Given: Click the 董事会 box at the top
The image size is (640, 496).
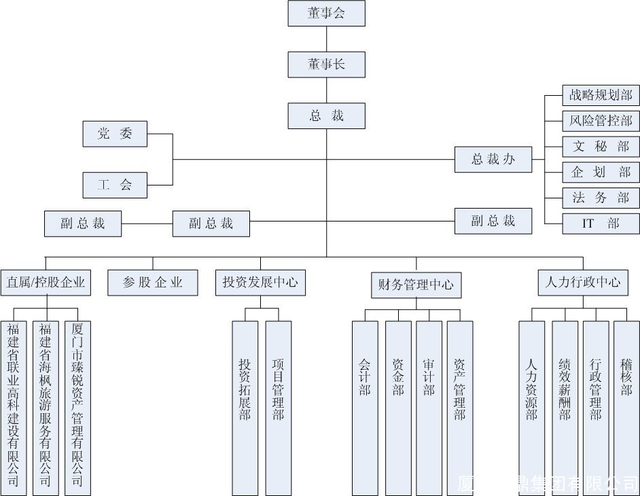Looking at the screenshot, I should point(326,13).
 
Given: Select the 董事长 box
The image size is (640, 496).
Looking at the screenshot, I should point(326,64).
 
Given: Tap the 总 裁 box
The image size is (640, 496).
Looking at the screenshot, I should point(326,116).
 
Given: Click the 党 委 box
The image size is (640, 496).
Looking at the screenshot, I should point(115,134).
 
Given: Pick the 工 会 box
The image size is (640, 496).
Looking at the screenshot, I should point(115,185).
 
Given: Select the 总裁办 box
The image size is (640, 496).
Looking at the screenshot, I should point(493,160).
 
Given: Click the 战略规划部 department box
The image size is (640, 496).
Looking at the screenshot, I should point(601,95).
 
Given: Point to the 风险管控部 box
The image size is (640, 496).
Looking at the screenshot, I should point(601,121).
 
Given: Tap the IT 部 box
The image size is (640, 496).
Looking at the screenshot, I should point(601,224).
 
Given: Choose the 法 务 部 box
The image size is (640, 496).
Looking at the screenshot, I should point(601,198).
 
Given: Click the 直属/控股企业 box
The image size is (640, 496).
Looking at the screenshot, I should point(46,283).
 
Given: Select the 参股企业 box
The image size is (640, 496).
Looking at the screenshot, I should point(153,283).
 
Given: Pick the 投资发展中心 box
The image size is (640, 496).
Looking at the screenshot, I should point(260,283).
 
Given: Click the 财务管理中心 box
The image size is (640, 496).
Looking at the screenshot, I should point(416,285).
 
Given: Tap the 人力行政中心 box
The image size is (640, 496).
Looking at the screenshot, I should point(583,283).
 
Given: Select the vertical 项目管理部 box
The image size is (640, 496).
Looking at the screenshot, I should point(279,408).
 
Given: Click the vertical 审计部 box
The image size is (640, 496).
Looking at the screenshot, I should point(429,408).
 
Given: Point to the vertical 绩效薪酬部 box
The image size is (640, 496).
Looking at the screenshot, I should point(565,408).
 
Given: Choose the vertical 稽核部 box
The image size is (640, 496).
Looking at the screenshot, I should point(626,408).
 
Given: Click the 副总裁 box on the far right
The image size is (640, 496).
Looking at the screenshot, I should point(493,221).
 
